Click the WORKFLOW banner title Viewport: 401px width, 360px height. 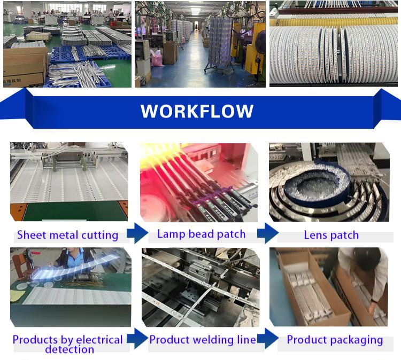pyautogui.click(x=197, y=111)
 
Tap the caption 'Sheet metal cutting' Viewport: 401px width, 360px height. pyautogui.click(x=67, y=235)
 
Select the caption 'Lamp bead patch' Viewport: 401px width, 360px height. pyautogui.click(x=201, y=234)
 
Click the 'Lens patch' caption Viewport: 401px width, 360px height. pyautogui.click(x=331, y=235)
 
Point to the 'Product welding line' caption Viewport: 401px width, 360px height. pyautogui.click(x=203, y=340)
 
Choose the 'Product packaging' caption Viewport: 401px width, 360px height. pyautogui.click(x=335, y=340)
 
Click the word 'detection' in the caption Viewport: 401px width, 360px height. pyautogui.click(x=70, y=349)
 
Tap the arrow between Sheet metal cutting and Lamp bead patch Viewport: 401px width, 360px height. pyautogui.click(x=137, y=233)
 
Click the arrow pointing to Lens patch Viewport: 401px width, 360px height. pyautogui.click(x=268, y=233)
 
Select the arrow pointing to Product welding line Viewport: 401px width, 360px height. pyautogui.click(x=137, y=339)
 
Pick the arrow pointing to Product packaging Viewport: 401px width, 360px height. pyautogui.click(x=268, y=339)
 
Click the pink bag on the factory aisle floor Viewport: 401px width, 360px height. pyautogui.click(x=157, y=58)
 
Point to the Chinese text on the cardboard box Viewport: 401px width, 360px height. pyautogui.click(x=16, y=82)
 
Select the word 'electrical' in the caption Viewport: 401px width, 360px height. pyautogui.click(x=99, y=340)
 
